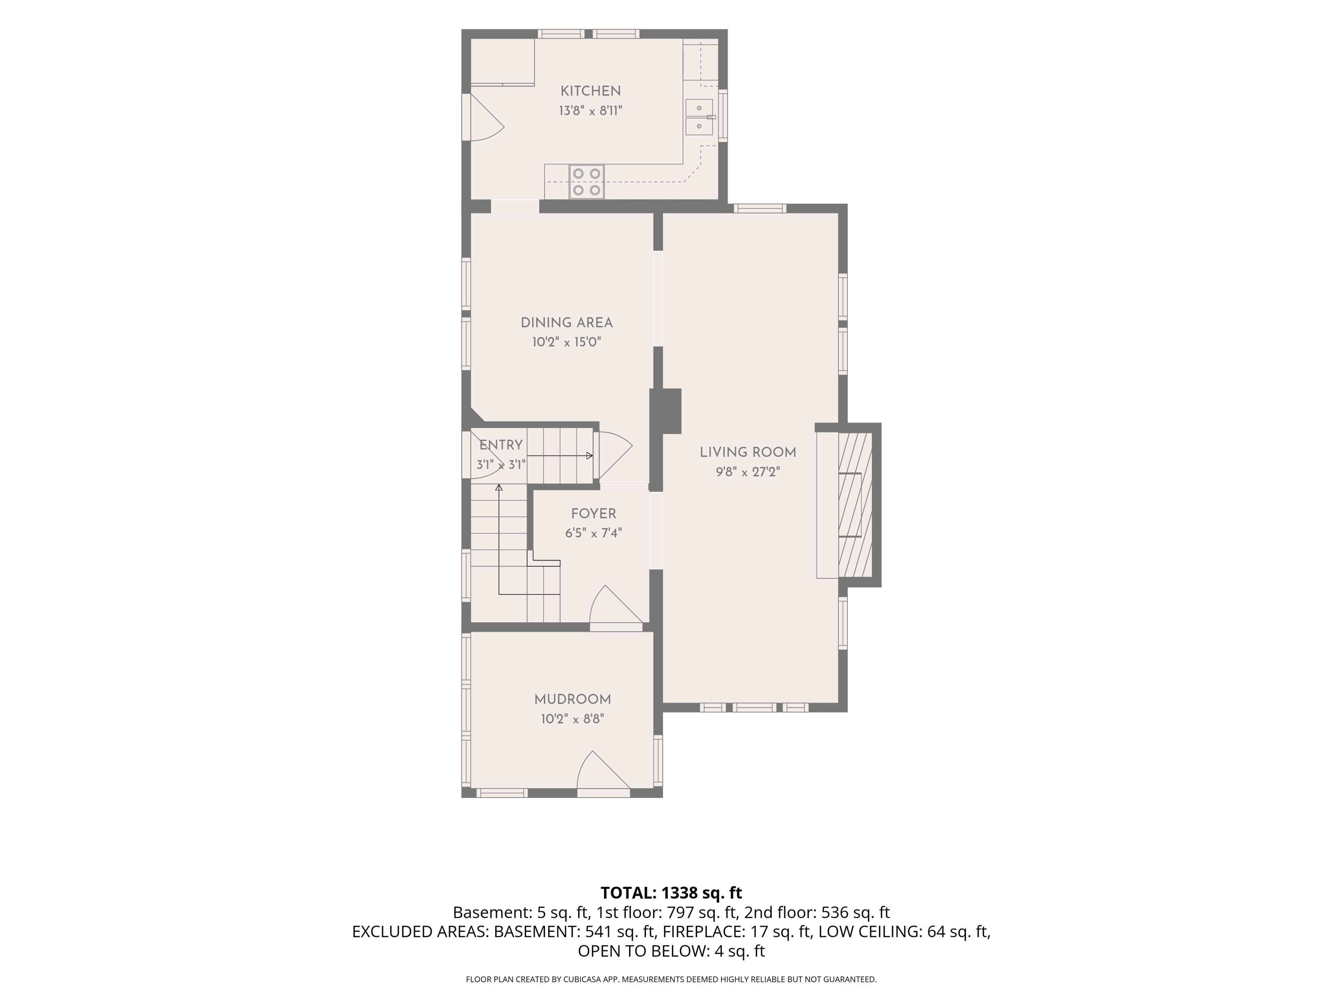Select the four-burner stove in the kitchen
coord(587,181)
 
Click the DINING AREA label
coord(567,323)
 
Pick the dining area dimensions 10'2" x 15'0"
coord(567,342)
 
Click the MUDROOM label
coord(573,699)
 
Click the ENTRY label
coord(501,445)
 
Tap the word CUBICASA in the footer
coord(583,979)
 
